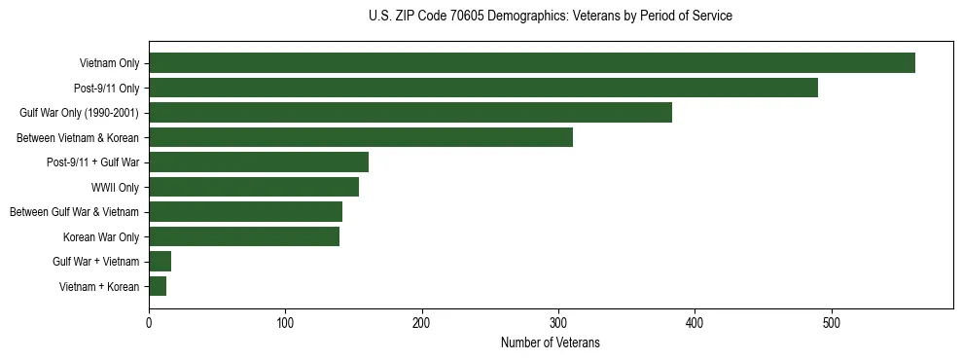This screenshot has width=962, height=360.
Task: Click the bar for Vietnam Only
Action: tap(531, 63)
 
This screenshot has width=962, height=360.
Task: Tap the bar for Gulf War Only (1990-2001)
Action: tap(410, 113)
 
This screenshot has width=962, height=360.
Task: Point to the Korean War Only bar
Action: tap(243, 236)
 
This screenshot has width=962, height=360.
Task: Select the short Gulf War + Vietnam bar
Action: tap(160, 261)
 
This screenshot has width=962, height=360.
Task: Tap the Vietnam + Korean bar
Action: tap(158, 286)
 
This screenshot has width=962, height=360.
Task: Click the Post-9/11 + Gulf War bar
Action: tap(258, 162)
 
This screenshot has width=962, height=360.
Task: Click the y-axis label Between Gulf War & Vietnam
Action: tap(74, 212)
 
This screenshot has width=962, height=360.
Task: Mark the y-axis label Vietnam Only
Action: tap(109, 63)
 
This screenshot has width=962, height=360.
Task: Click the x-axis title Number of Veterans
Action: tap(550, 342)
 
